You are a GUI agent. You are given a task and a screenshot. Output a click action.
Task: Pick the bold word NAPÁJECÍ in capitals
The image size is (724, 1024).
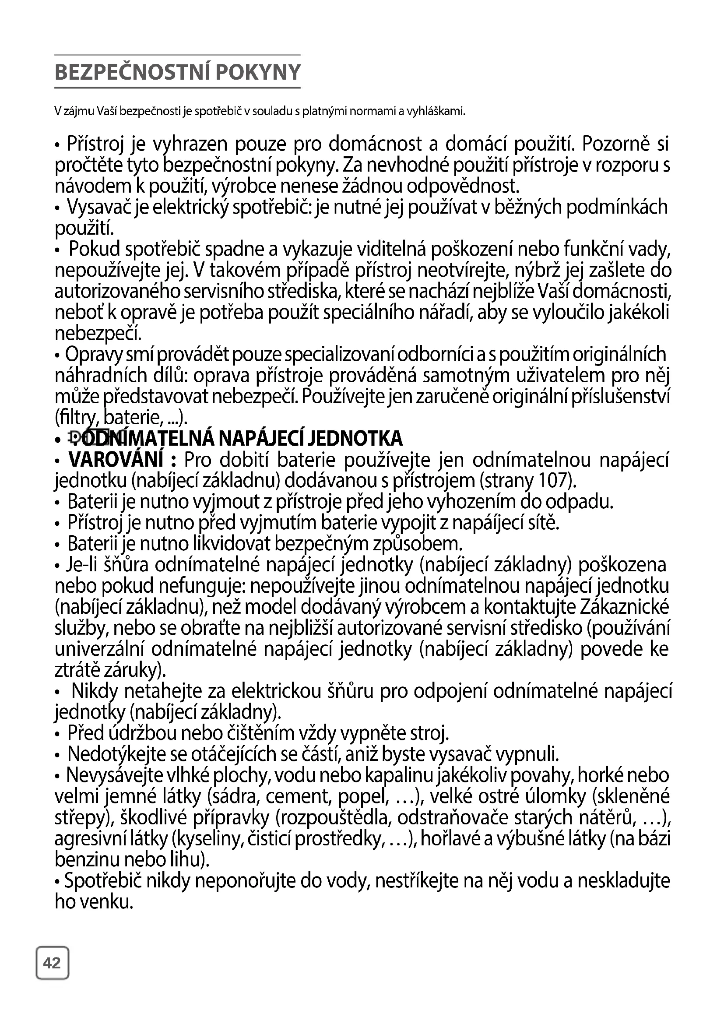click(x=261, y=439)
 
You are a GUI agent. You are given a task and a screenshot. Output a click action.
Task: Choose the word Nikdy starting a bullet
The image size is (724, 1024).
click(x=95, y=691)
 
